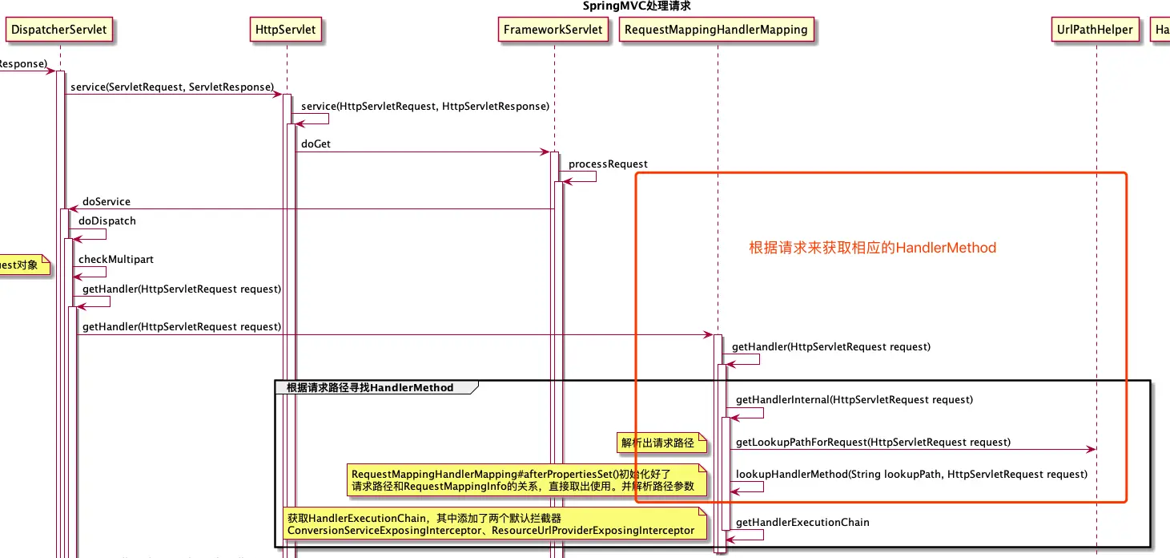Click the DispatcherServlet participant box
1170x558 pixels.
(58, 30)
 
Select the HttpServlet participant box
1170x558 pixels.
(285, 30)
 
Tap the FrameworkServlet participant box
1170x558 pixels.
(553, 30)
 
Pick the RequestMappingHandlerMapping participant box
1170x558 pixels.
(716, 30)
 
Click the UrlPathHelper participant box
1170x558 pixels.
(1095, 30)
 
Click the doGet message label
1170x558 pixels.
(316, 144)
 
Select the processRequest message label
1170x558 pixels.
(608, 164)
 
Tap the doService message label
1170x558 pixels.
(106, 201)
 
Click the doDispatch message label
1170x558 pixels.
(107, 220)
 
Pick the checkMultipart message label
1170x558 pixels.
(116, 259)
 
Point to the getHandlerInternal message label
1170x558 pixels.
(854, 399)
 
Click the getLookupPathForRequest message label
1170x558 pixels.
(873, 442)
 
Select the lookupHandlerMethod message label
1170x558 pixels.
(911, 474)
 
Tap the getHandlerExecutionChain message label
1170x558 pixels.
(802, 522)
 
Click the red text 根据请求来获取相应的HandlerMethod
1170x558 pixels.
(872, 248)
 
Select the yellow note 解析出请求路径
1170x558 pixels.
(657, 443)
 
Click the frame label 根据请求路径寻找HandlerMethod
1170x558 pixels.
(370, 388)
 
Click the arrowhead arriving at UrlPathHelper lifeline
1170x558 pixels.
(1091, 450)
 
